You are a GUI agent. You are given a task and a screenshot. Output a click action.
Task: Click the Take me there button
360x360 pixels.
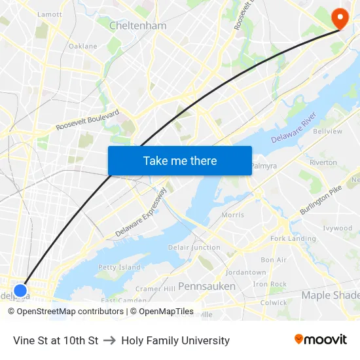pyautogui.click(x=180, y=160)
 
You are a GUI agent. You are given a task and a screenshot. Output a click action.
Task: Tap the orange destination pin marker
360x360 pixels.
pyautogui.click(x=340, y=18)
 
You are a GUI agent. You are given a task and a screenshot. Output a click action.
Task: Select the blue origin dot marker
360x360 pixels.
pyautogui.click(x=20, y=290)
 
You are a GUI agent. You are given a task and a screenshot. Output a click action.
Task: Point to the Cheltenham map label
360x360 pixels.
pyautogui.click(x=137, y=26)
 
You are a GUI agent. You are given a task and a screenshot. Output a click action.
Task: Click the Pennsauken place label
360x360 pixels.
pyautogui.click(x=207, y=286)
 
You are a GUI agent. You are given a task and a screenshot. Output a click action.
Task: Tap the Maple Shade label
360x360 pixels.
pyautogui.click(x=330, y=295)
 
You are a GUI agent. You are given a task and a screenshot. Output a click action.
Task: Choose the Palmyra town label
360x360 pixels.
pyautogui.click(x=264, y=166)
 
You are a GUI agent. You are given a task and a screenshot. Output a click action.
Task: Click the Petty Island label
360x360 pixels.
pyautogui.click(x=119, y=267)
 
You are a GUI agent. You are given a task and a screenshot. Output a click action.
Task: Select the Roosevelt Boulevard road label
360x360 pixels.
pyautogui.click(x=88, y=119)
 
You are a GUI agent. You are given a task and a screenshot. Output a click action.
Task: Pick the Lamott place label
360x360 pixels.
pyautogui.click(x=50, y=14)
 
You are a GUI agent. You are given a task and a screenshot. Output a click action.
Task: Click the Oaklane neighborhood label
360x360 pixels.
pyautogui.click(x=83, y=46)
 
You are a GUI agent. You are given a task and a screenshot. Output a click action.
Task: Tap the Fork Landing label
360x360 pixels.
pyautogui.click(x=293, y=238)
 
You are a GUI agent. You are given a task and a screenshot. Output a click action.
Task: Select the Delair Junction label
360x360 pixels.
pyautogui.click(x=194, y=247)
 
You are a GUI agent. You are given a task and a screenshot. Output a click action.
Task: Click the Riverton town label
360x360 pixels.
pyautogui.click(x=323, y=162)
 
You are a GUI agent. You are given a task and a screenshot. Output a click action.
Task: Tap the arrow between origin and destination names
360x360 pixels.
pyautogui.click(x=109, y=340)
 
